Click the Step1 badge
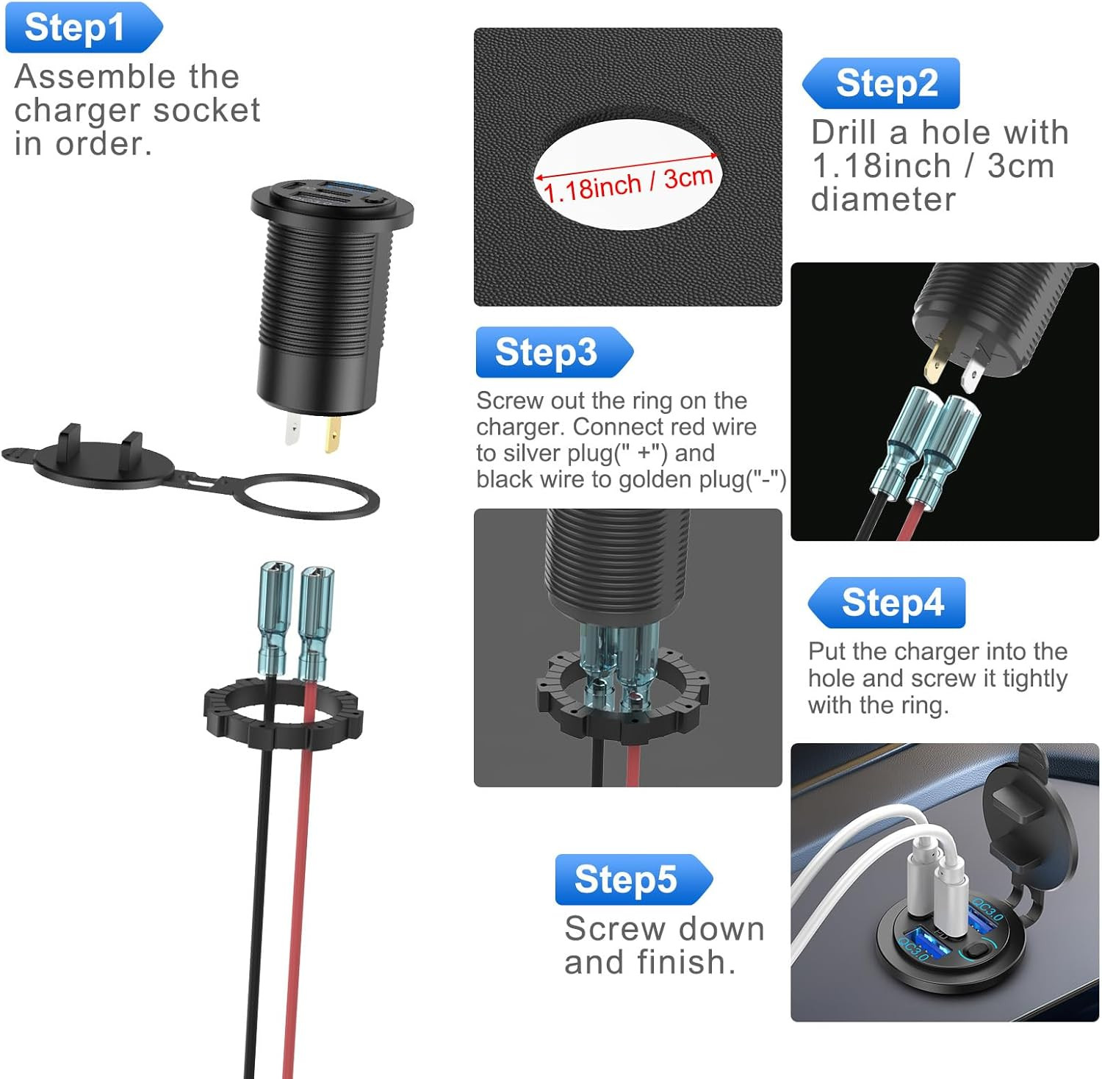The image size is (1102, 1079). pyautogui.click(x=81, y=28)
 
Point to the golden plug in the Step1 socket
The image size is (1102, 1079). pyautogui.click(x=333, y=435)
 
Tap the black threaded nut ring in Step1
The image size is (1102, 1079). pyautogui.click(x=284, y=713)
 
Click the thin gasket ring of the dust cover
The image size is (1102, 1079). pyautogui.click(x=309, y=497)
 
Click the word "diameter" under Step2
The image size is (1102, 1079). pyautogui.click(x=883, y=199)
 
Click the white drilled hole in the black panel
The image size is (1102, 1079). pyautogui.click(x=628, y=174)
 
